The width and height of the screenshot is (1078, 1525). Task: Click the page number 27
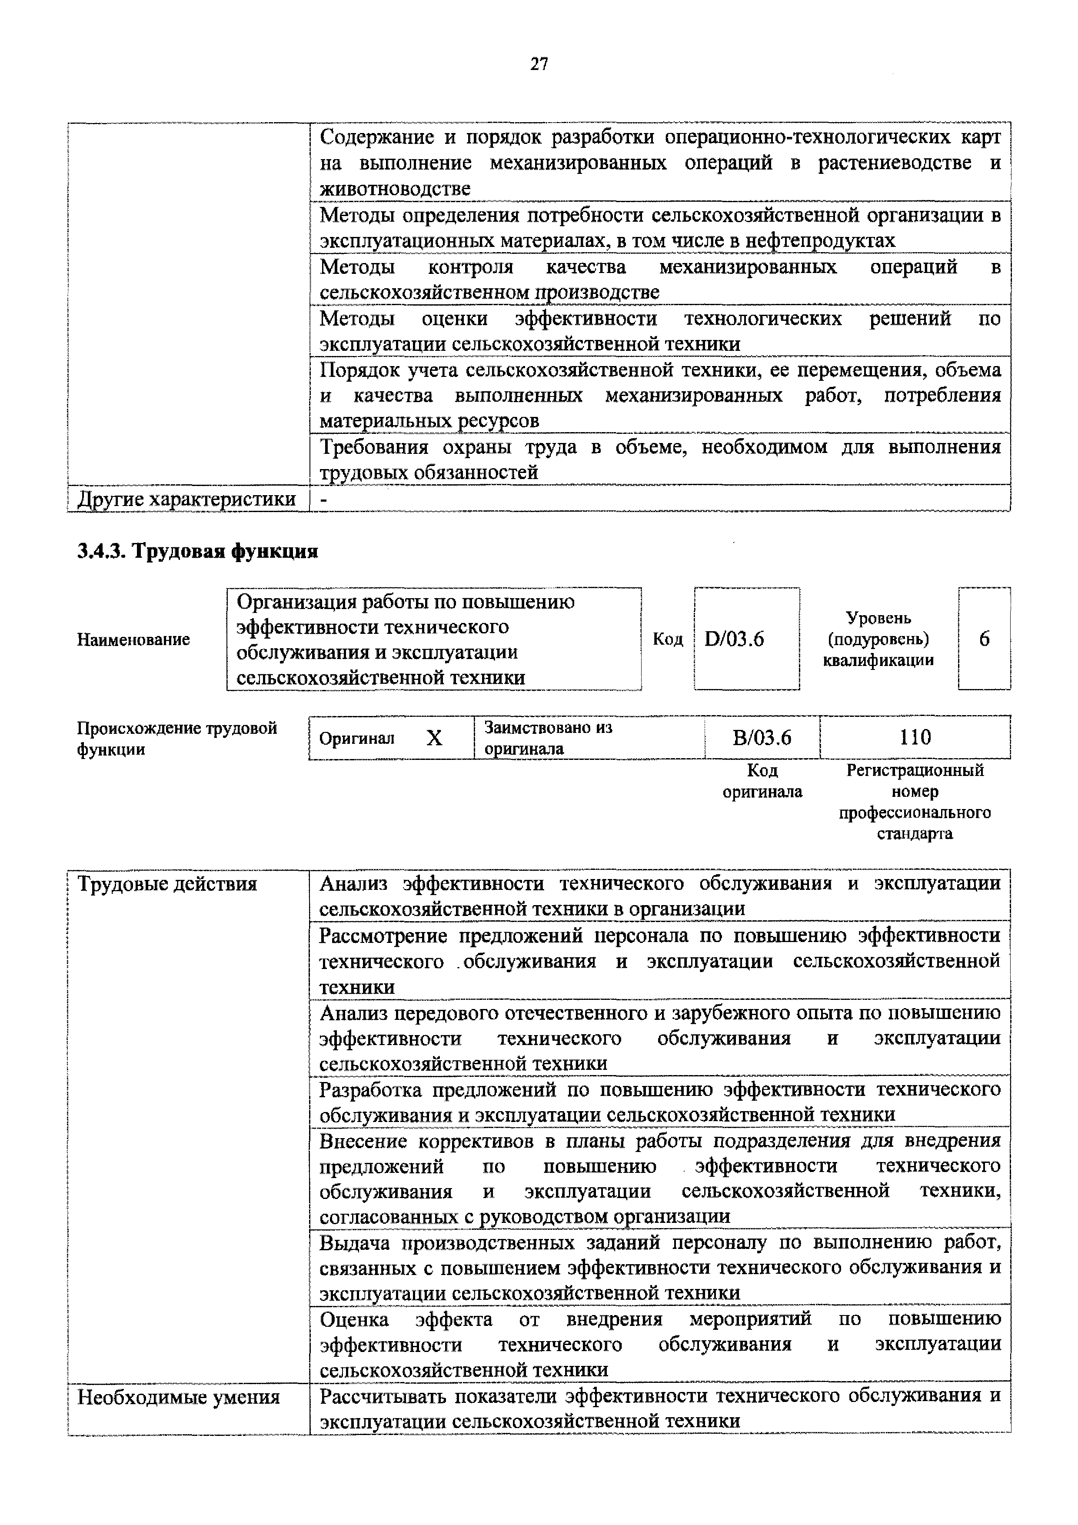click(539, 64)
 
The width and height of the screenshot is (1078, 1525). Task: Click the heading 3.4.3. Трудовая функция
click(198, 551)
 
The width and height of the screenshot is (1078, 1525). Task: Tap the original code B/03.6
click(762, 738)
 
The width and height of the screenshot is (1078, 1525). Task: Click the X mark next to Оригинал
click(434, 738)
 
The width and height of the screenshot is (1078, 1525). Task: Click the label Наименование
click(133, 639)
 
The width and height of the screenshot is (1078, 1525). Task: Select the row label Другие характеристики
click(186, 499)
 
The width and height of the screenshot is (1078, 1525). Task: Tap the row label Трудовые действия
click(167, 884)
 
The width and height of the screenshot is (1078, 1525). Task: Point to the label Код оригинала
click(762, 781)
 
